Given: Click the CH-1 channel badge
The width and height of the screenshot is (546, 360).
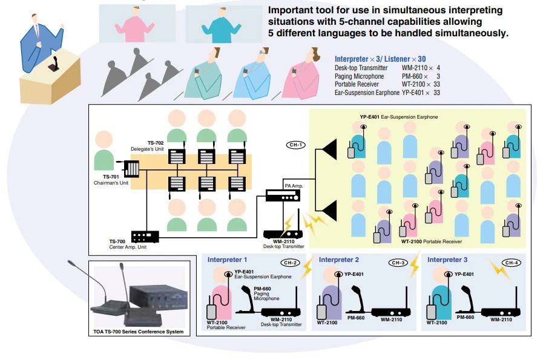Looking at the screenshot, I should pos(294,145).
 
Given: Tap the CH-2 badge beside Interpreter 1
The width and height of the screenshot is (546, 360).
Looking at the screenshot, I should pos(291,263).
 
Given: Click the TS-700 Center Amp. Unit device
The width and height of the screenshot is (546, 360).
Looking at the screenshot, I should pos(145,236).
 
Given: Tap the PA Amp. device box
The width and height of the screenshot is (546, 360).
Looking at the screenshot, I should pos(283,197).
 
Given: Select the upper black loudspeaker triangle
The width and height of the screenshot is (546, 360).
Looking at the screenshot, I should pos(329,147).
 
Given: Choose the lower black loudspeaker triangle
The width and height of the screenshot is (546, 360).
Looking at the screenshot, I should pos(329,211).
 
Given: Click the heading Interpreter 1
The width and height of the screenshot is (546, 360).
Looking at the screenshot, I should pos(228,260).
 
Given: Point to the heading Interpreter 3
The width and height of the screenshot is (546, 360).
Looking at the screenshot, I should pos(447,260).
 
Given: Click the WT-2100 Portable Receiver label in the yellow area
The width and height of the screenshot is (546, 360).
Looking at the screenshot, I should pos(431,241).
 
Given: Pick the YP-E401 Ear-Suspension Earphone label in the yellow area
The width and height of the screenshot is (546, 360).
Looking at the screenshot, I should pos(398,116).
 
